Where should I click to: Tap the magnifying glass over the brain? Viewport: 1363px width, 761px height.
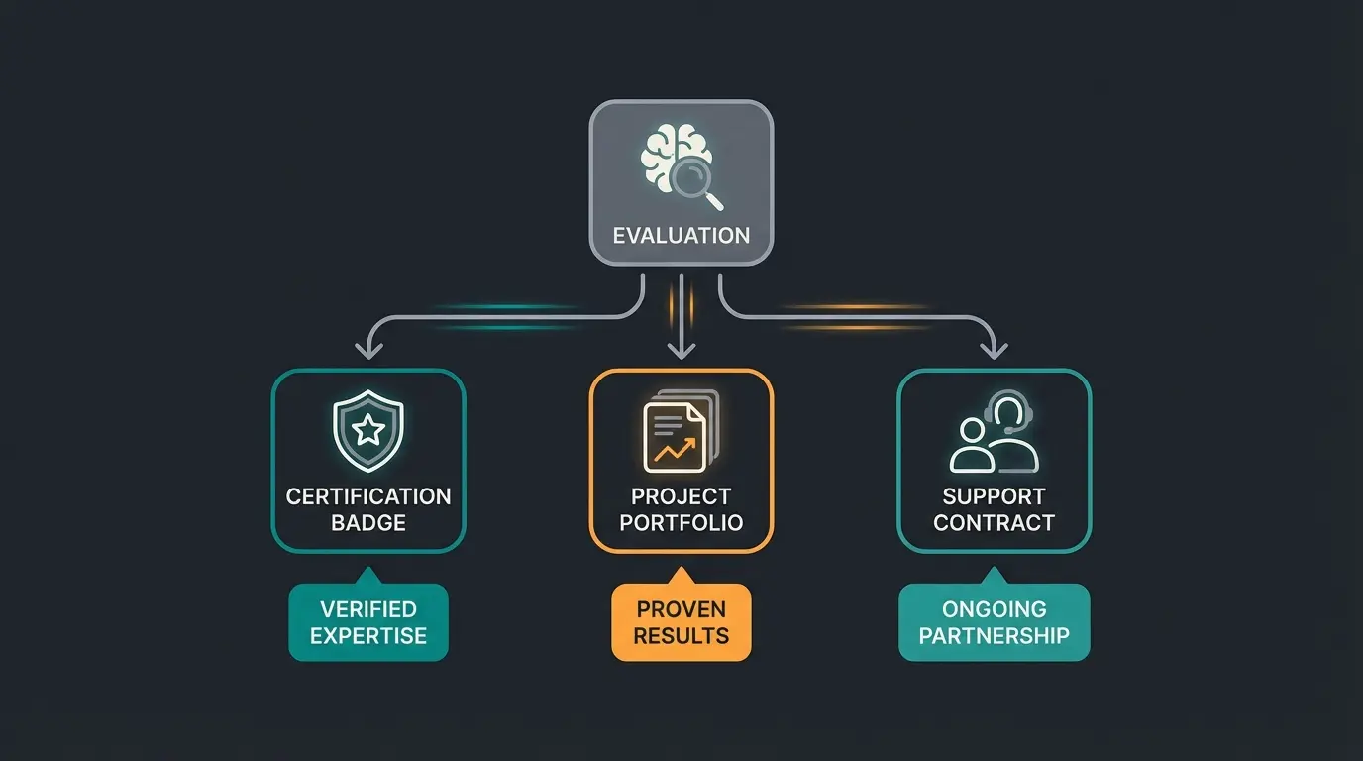tap(690, 179)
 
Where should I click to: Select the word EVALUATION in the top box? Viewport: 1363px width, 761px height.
tap(681, 236)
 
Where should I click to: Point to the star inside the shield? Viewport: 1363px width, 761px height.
tap(368, 430)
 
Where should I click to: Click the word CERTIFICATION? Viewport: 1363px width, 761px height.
tap(368, 496)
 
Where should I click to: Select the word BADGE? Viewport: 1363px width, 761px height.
tap(368, 523)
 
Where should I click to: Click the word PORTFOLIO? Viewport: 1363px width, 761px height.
tap(681, 523)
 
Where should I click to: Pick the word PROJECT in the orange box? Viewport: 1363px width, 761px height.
tap(681, 496)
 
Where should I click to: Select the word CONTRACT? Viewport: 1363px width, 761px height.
tap(995, 523)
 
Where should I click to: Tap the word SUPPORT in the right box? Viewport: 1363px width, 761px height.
tap(995, 496)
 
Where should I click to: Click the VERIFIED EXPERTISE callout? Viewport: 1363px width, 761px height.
tap(368, 622)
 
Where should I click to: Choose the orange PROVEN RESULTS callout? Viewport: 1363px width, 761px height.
tap(681, 622)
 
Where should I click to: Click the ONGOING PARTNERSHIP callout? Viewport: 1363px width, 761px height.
tap(995, 622)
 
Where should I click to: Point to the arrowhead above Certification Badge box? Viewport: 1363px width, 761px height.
tap(368, 349)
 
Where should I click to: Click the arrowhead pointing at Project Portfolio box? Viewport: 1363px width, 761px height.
tap(681, 349)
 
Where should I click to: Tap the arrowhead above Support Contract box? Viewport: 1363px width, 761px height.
tap(995, 349)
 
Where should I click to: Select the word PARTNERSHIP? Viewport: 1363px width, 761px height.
tap(995, 635)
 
